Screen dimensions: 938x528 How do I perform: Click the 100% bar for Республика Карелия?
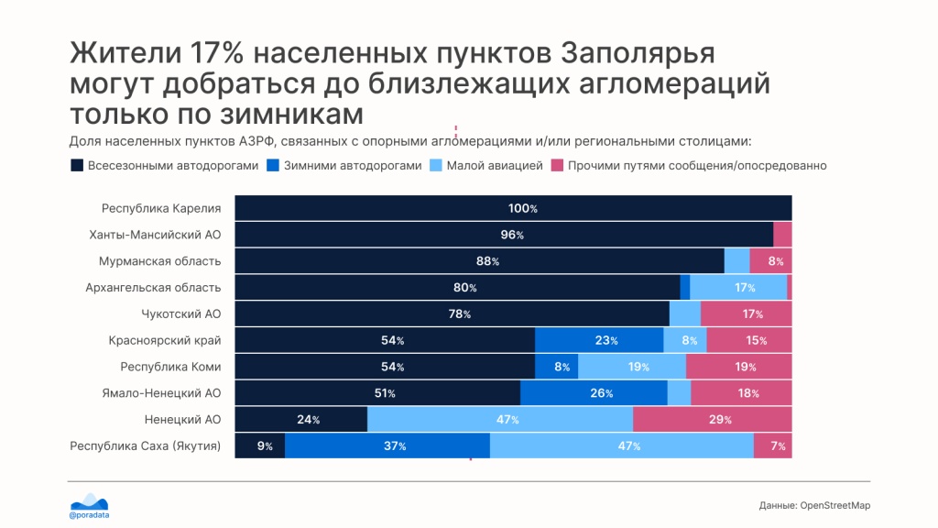click(513, 208)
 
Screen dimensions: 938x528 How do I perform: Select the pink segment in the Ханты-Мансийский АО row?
click(782, 234)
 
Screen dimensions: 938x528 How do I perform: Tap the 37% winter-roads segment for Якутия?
click(387, 445)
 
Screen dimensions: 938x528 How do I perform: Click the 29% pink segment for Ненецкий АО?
click(713, 419)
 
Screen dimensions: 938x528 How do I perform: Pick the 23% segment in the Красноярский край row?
click(599, 340)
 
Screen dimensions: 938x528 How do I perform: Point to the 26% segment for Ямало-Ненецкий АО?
click(594, 392)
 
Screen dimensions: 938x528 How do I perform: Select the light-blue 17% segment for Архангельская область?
click(738, 287)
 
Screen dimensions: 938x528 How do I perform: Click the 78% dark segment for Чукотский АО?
click(452, 313)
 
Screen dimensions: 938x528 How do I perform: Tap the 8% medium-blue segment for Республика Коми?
click(556, 367)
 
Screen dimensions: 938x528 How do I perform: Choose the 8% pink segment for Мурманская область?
click(770, 261)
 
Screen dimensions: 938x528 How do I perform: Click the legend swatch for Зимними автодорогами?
click(273, 165)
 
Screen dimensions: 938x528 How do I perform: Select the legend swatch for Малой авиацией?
click(435, 165)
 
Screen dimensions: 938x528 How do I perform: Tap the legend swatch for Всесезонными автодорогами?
click(77, 165)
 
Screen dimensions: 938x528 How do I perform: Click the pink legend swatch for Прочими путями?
click(557, 165)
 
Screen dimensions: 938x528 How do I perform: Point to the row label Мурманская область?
click(159, 261)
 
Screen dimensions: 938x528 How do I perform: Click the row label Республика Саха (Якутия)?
click(146, 446)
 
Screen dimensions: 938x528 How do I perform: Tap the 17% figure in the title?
click(216, 52)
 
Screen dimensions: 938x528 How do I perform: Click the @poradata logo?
click(89, 506)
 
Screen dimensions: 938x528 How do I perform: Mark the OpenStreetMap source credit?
click(814, 505)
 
